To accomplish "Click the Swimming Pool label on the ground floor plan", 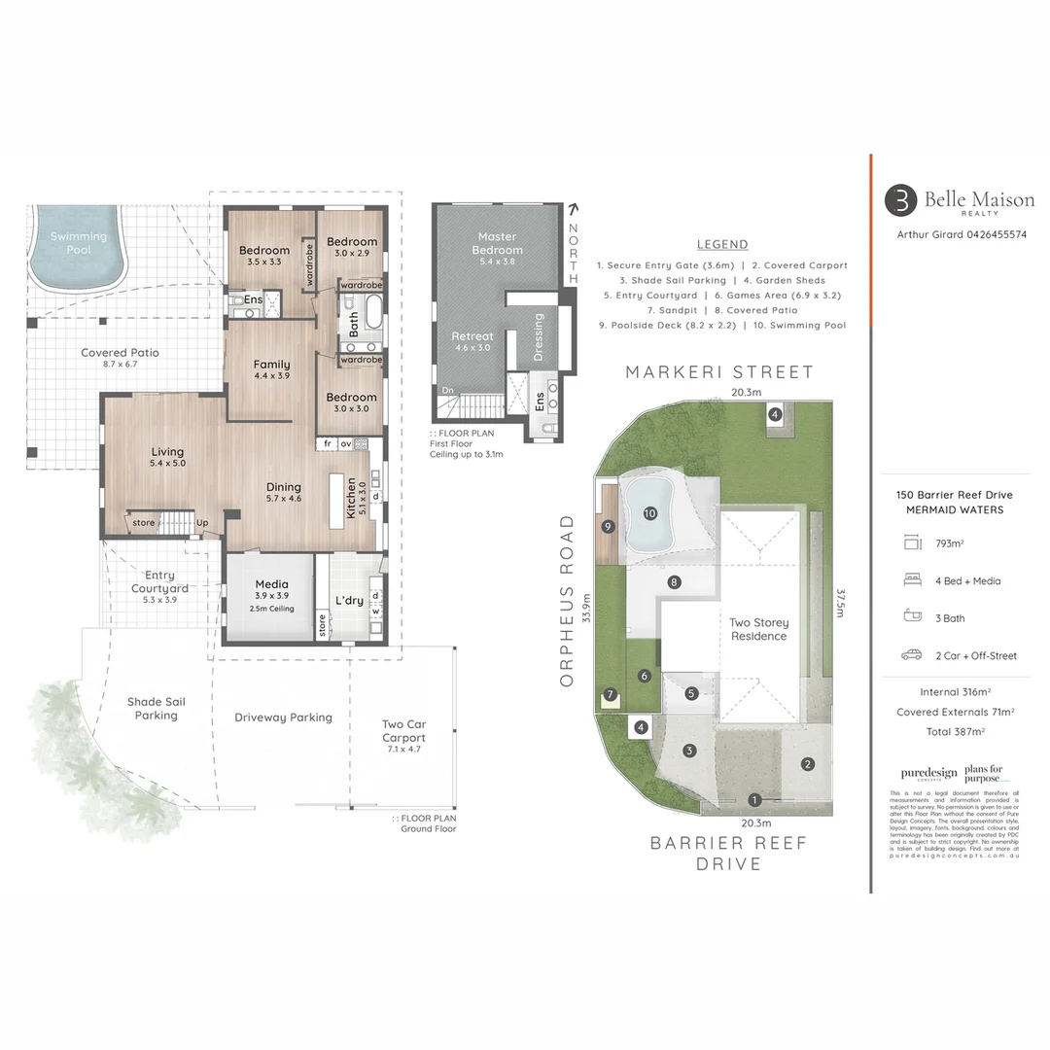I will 79,243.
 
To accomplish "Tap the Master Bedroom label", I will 498,243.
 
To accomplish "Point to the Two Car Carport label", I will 403,731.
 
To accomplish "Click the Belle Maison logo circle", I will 900,200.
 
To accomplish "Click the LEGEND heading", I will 722,244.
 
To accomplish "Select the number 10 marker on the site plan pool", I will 649,512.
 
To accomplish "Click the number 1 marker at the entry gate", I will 754,799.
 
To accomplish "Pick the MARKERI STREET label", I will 719,372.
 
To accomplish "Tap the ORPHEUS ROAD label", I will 568,601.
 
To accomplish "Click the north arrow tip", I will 573,207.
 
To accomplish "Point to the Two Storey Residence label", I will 759,629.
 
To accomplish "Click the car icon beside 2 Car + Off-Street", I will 911,655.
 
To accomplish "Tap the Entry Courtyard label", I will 159,581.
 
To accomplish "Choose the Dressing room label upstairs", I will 540,336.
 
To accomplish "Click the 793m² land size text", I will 949,543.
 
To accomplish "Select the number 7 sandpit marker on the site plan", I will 610,694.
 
